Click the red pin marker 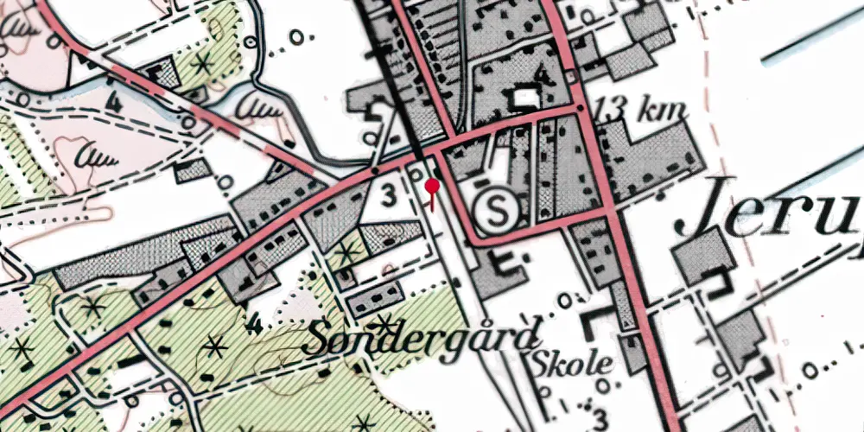click(x=432, y=186)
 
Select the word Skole click(x=572, y=363)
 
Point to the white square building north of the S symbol click(x=524, y=99)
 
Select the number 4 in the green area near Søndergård click(x=252, y=326)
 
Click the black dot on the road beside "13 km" click(x=581, y=109)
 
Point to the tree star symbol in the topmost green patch click(x=205, y=62)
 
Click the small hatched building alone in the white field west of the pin click(x=191, y=170)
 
